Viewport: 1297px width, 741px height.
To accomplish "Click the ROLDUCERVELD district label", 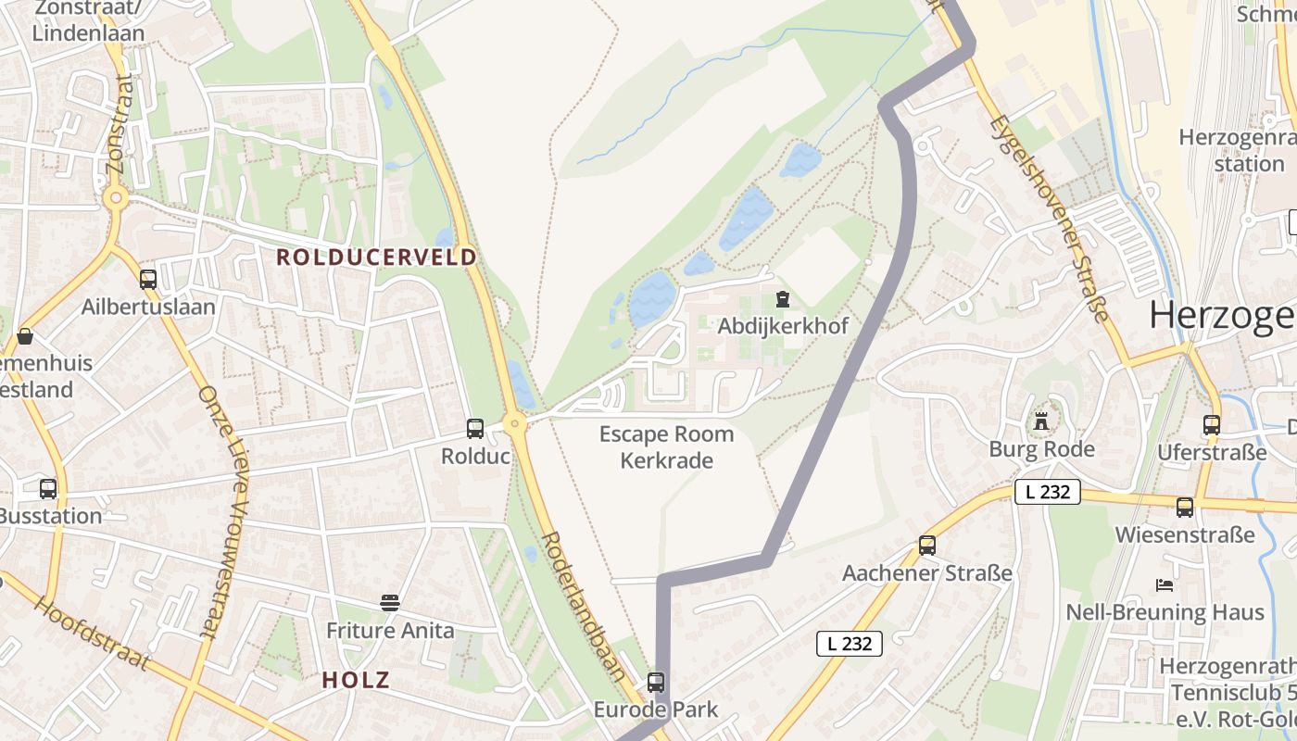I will coord(376,257).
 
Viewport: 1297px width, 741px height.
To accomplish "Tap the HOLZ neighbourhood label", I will coord(355,680).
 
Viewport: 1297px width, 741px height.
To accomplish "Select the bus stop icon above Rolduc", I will coord(475,429).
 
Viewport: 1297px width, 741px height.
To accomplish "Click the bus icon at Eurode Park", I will coord(656,683).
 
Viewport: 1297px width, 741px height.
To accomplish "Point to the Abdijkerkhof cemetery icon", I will coord(783,299).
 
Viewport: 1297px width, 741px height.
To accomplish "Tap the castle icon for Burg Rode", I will coord(1041,421).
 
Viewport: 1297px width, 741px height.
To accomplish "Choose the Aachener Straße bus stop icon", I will coord(927,546).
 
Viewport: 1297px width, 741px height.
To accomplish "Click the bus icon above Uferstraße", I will coord(1212,425).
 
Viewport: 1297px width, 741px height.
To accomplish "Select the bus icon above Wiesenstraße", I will coord(1185,507).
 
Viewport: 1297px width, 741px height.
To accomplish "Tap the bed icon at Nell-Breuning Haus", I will coord(1165,584).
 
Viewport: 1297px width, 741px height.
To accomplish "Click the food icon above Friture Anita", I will coord(390,603).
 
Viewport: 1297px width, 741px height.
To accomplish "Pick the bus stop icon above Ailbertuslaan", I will coord(148,279).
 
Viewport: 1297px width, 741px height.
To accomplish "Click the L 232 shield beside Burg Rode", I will coord(1048,492).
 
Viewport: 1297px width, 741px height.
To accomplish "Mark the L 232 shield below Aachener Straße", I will coord(850,643).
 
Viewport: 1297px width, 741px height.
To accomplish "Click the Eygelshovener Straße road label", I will coord(1049,219).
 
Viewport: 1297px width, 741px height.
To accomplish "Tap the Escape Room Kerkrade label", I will coord(666,446).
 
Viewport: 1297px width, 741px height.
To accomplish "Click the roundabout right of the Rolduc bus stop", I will coord(516,423).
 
